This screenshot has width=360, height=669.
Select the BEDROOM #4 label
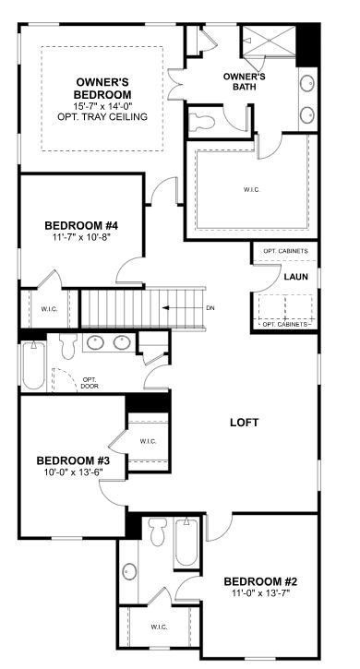(80, 225)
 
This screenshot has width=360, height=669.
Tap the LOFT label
(244, 423)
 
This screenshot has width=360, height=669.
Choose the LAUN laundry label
(295, 276)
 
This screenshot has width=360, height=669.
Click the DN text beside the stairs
(210, 308)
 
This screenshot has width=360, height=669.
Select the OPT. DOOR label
(90, 383)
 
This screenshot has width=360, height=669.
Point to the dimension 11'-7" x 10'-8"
(80, 239)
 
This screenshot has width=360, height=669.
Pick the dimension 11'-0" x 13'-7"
(261, 594)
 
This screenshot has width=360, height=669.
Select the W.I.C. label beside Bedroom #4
(49, 310)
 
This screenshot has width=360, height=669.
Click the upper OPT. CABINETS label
(285, 251)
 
